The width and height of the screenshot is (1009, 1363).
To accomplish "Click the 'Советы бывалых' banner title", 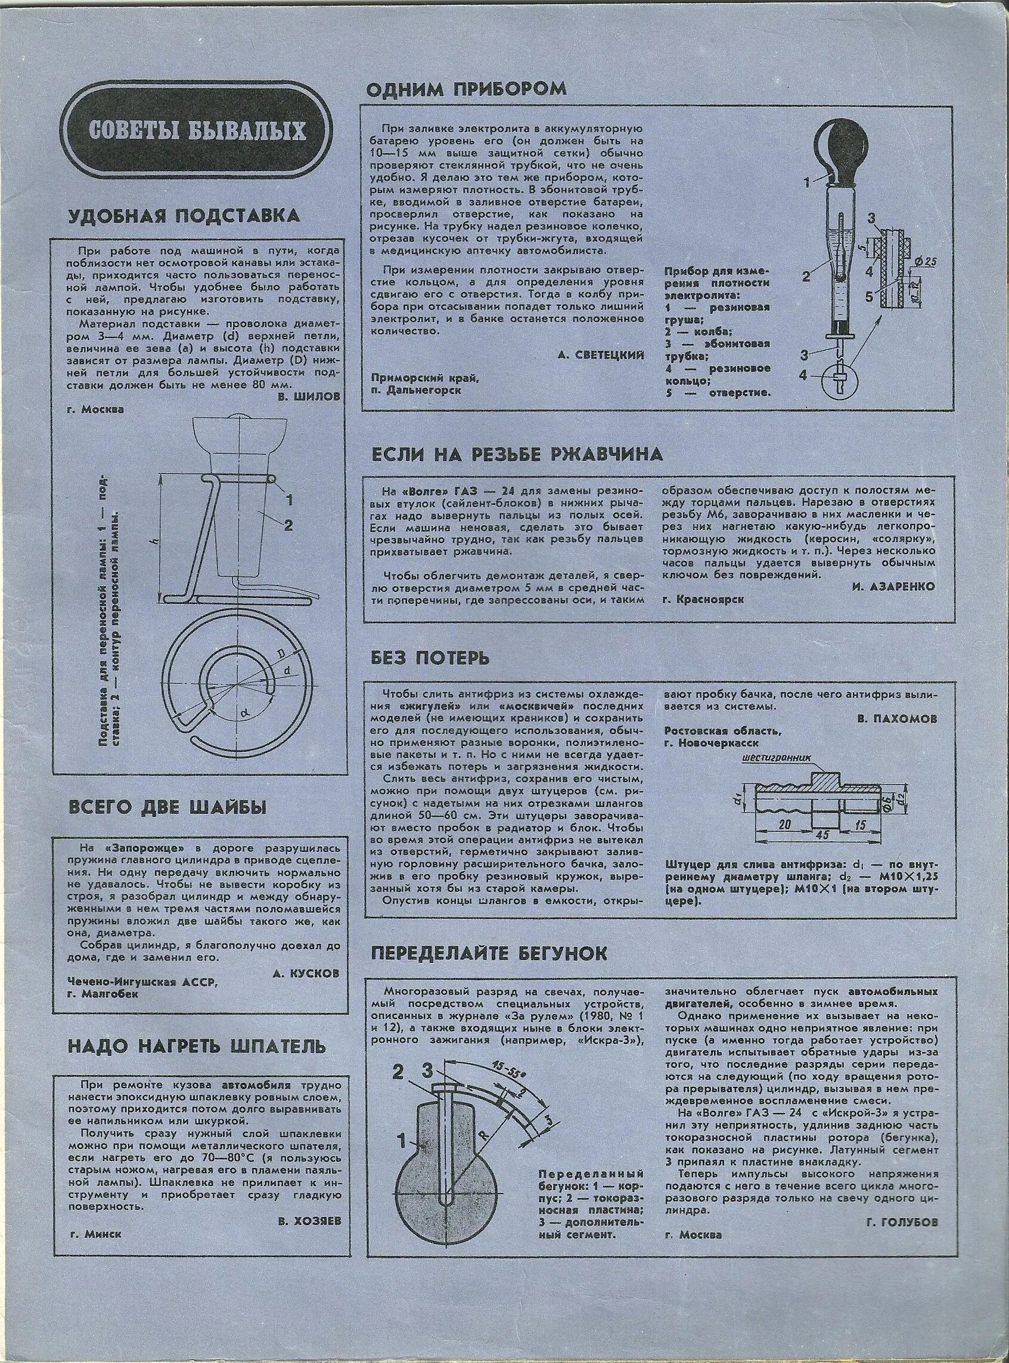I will (197, 131).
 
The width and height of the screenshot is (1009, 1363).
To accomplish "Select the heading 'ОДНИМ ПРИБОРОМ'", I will (466, 89).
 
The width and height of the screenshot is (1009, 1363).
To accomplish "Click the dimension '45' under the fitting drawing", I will (825, 833).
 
